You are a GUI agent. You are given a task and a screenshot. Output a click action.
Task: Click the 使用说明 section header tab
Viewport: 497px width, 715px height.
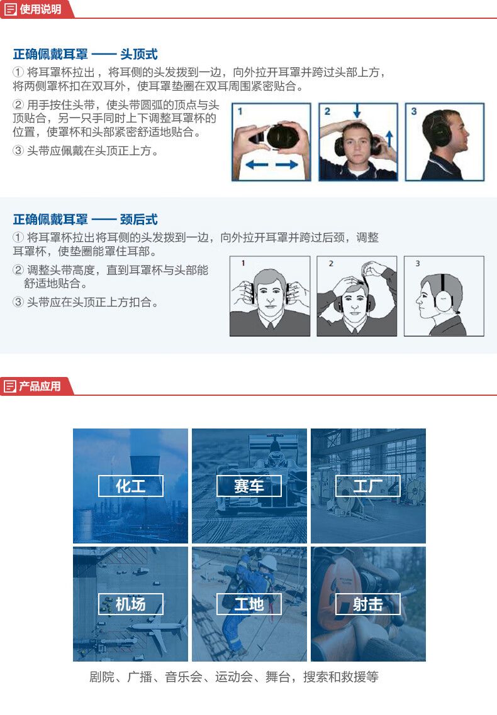[x=34, y=9]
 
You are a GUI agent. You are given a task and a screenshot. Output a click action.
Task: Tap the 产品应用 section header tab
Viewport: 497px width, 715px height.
[x=34, y=386]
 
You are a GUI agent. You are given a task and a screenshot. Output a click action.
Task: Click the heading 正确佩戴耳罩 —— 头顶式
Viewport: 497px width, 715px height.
[x=85, y=54]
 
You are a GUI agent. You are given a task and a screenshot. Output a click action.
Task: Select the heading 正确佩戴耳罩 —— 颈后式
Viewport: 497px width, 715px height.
[x=85, y=219]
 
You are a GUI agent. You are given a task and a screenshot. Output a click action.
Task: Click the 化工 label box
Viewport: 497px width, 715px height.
[x=130, y=486]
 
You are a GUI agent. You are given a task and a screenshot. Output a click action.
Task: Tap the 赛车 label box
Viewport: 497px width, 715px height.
[x=248, y=486]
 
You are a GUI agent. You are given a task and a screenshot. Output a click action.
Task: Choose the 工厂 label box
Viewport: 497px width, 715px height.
[x=367, y=486]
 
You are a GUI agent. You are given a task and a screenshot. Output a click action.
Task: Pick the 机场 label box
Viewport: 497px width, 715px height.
[x=130, y=604]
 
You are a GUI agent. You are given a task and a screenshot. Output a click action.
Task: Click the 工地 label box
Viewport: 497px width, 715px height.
[x=248, y=604]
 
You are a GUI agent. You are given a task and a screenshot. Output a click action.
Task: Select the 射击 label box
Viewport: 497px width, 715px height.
[x=367, y=604]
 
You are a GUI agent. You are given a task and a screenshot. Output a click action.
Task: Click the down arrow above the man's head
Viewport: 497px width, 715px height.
[x=357, y=111]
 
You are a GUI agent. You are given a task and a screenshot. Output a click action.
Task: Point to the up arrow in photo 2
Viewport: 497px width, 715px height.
[x=389, y=138]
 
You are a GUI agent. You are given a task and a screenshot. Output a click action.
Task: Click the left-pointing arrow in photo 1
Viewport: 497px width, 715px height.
[x=257, y=165]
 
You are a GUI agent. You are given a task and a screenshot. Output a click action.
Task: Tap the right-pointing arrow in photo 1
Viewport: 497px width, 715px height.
[x=287, y=165]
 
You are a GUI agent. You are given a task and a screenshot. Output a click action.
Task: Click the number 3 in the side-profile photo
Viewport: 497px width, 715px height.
[x=413, y=111]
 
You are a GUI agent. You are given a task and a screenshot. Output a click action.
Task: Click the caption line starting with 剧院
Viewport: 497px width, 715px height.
[x=233, y=677]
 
